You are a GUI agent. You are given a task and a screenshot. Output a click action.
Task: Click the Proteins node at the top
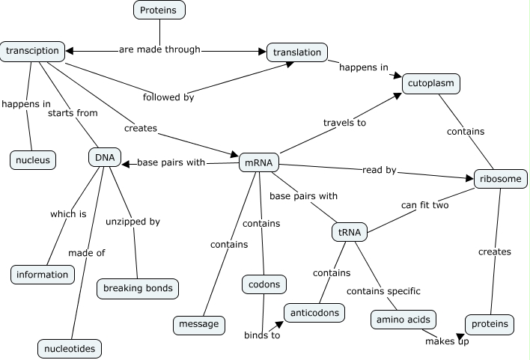(x=159, y=10)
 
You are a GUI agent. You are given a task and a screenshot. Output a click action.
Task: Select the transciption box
(x=32, y=51)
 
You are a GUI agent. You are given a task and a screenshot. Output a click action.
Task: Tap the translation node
(x=297, y=52)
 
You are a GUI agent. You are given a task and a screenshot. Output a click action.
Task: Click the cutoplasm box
(x=430, y=83)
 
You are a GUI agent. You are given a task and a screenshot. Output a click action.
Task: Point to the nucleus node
(x=32, y=159)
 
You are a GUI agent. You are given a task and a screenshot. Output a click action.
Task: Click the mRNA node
(x=259, y=162)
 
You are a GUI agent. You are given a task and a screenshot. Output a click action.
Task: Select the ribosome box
(x=501, y=179)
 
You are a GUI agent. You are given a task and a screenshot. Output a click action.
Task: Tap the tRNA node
(x=350, y=232)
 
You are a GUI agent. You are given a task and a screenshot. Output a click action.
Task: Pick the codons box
(x=264, y=284)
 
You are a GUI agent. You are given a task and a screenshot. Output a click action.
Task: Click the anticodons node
(x=314, y=312)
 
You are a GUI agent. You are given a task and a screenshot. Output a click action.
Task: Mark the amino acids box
(x=403, y=320)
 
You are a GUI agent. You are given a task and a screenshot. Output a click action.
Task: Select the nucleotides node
(x=69, y=348)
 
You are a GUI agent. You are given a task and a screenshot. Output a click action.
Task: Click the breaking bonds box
(x=138, y=288)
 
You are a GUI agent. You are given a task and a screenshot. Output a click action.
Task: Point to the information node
(x=43, y=274)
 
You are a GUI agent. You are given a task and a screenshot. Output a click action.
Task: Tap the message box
(x=198, y=324)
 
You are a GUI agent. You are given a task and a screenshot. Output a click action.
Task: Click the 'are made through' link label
(x=159, y=49)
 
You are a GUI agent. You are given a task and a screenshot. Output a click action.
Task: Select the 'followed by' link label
(x=168, y=97)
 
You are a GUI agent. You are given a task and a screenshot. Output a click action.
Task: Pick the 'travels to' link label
(x=344, y=122)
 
